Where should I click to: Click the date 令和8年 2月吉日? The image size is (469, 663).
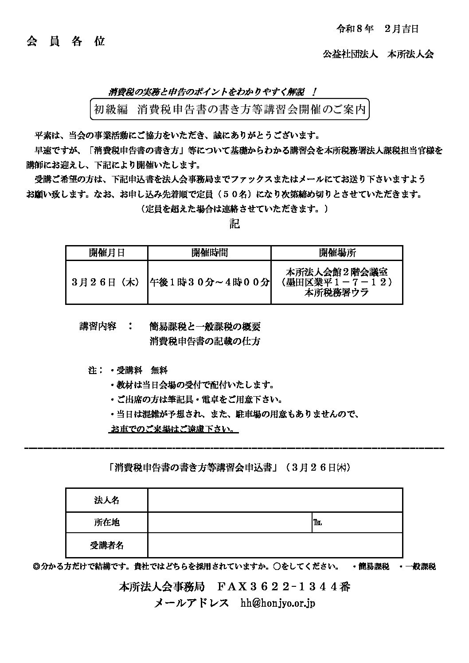(378, 29)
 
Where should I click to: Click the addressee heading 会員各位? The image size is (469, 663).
(66, 41)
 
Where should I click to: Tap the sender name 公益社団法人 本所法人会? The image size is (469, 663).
(378, 54)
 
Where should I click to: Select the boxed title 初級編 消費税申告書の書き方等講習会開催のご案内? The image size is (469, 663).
(230, 109)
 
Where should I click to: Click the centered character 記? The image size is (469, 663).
(234, 224)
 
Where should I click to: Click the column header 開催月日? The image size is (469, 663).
(107, 253)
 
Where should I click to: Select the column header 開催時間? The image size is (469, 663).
(209, 253)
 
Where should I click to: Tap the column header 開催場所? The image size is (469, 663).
(337, 253)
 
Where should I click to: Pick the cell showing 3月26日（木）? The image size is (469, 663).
(107, 282)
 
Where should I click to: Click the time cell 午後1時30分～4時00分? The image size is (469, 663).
(209, 282)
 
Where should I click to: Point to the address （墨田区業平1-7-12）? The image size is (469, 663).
(337, 282)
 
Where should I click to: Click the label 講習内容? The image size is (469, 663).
(98, 327)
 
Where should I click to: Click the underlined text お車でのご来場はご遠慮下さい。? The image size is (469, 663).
(174, 429)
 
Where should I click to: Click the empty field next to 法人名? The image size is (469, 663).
(275, 500)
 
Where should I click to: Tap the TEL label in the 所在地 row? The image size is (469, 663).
(317, 523)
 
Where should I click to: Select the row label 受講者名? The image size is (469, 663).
(107, 546)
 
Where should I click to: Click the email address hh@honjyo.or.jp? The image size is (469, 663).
(278, 603)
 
